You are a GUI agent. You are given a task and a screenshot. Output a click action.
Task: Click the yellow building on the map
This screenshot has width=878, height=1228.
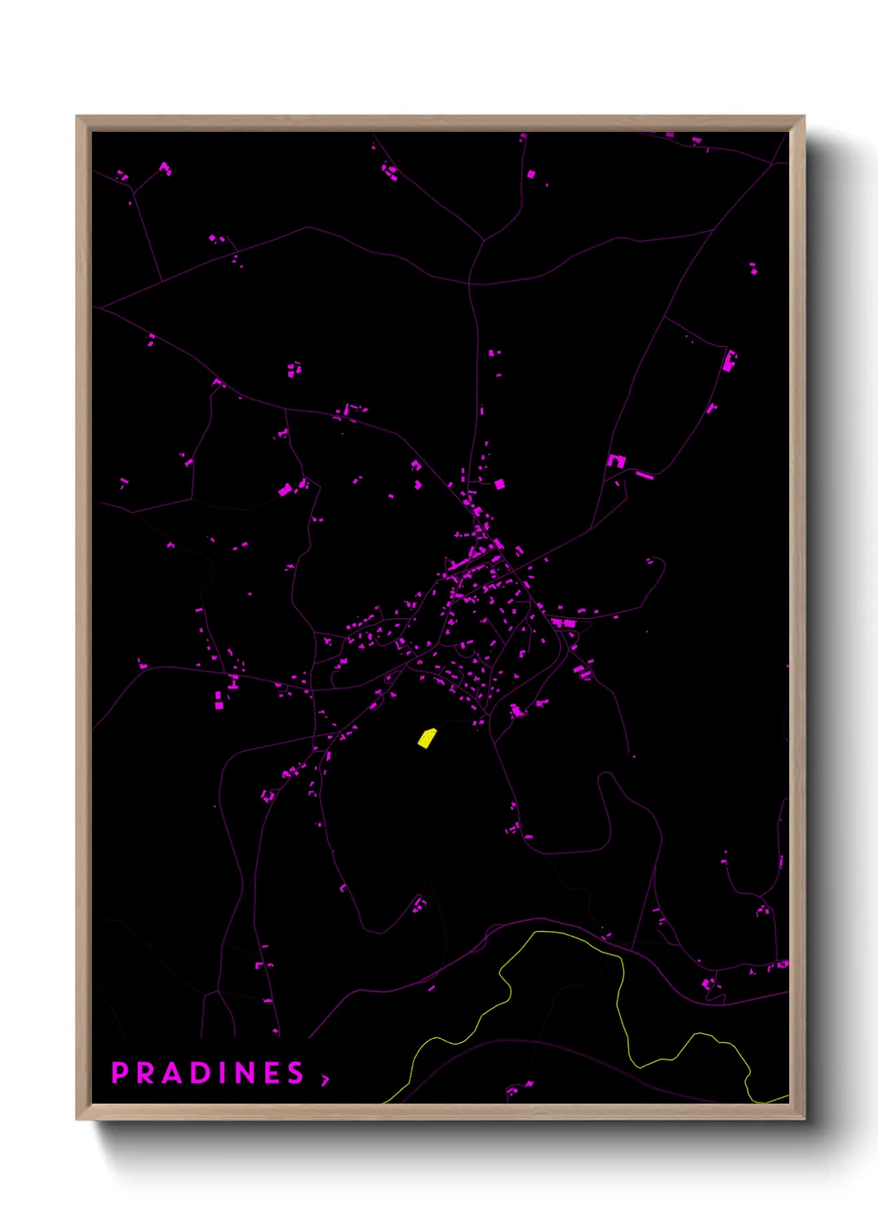(x=427, y=738)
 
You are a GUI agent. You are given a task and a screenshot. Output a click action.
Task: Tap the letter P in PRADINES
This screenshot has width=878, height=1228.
(x=120, y=1073)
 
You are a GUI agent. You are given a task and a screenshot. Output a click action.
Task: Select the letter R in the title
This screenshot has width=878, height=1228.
(x=146, y=1073)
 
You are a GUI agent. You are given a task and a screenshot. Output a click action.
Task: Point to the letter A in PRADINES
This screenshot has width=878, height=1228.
(x=173, y=1073)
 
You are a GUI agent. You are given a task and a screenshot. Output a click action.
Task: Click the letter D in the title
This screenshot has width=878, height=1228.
(x=202, y=1073)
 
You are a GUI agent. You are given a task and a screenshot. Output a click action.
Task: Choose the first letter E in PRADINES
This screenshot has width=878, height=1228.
(x=272, y=1073)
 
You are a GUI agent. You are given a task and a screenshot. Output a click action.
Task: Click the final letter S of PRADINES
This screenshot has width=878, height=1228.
(x=296, y=1073)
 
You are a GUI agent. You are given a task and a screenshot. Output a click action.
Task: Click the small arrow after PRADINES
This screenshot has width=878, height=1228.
(x=325, y=1079)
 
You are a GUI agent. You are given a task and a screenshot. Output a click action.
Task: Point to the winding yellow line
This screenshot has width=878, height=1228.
(x=621, y=996)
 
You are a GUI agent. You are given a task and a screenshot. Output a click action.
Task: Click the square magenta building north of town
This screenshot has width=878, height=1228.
(x=500, y=484)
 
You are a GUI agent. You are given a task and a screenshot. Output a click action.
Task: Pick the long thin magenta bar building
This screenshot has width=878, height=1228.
(x=645, y=475)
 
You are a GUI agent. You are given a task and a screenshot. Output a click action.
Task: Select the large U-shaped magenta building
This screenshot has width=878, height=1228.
(x=616, y=460)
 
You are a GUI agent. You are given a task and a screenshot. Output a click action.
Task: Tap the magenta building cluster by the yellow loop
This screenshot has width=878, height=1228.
(x=520, y=1087)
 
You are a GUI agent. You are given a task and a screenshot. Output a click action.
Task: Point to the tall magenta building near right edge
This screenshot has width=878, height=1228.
(x=729, y=361)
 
